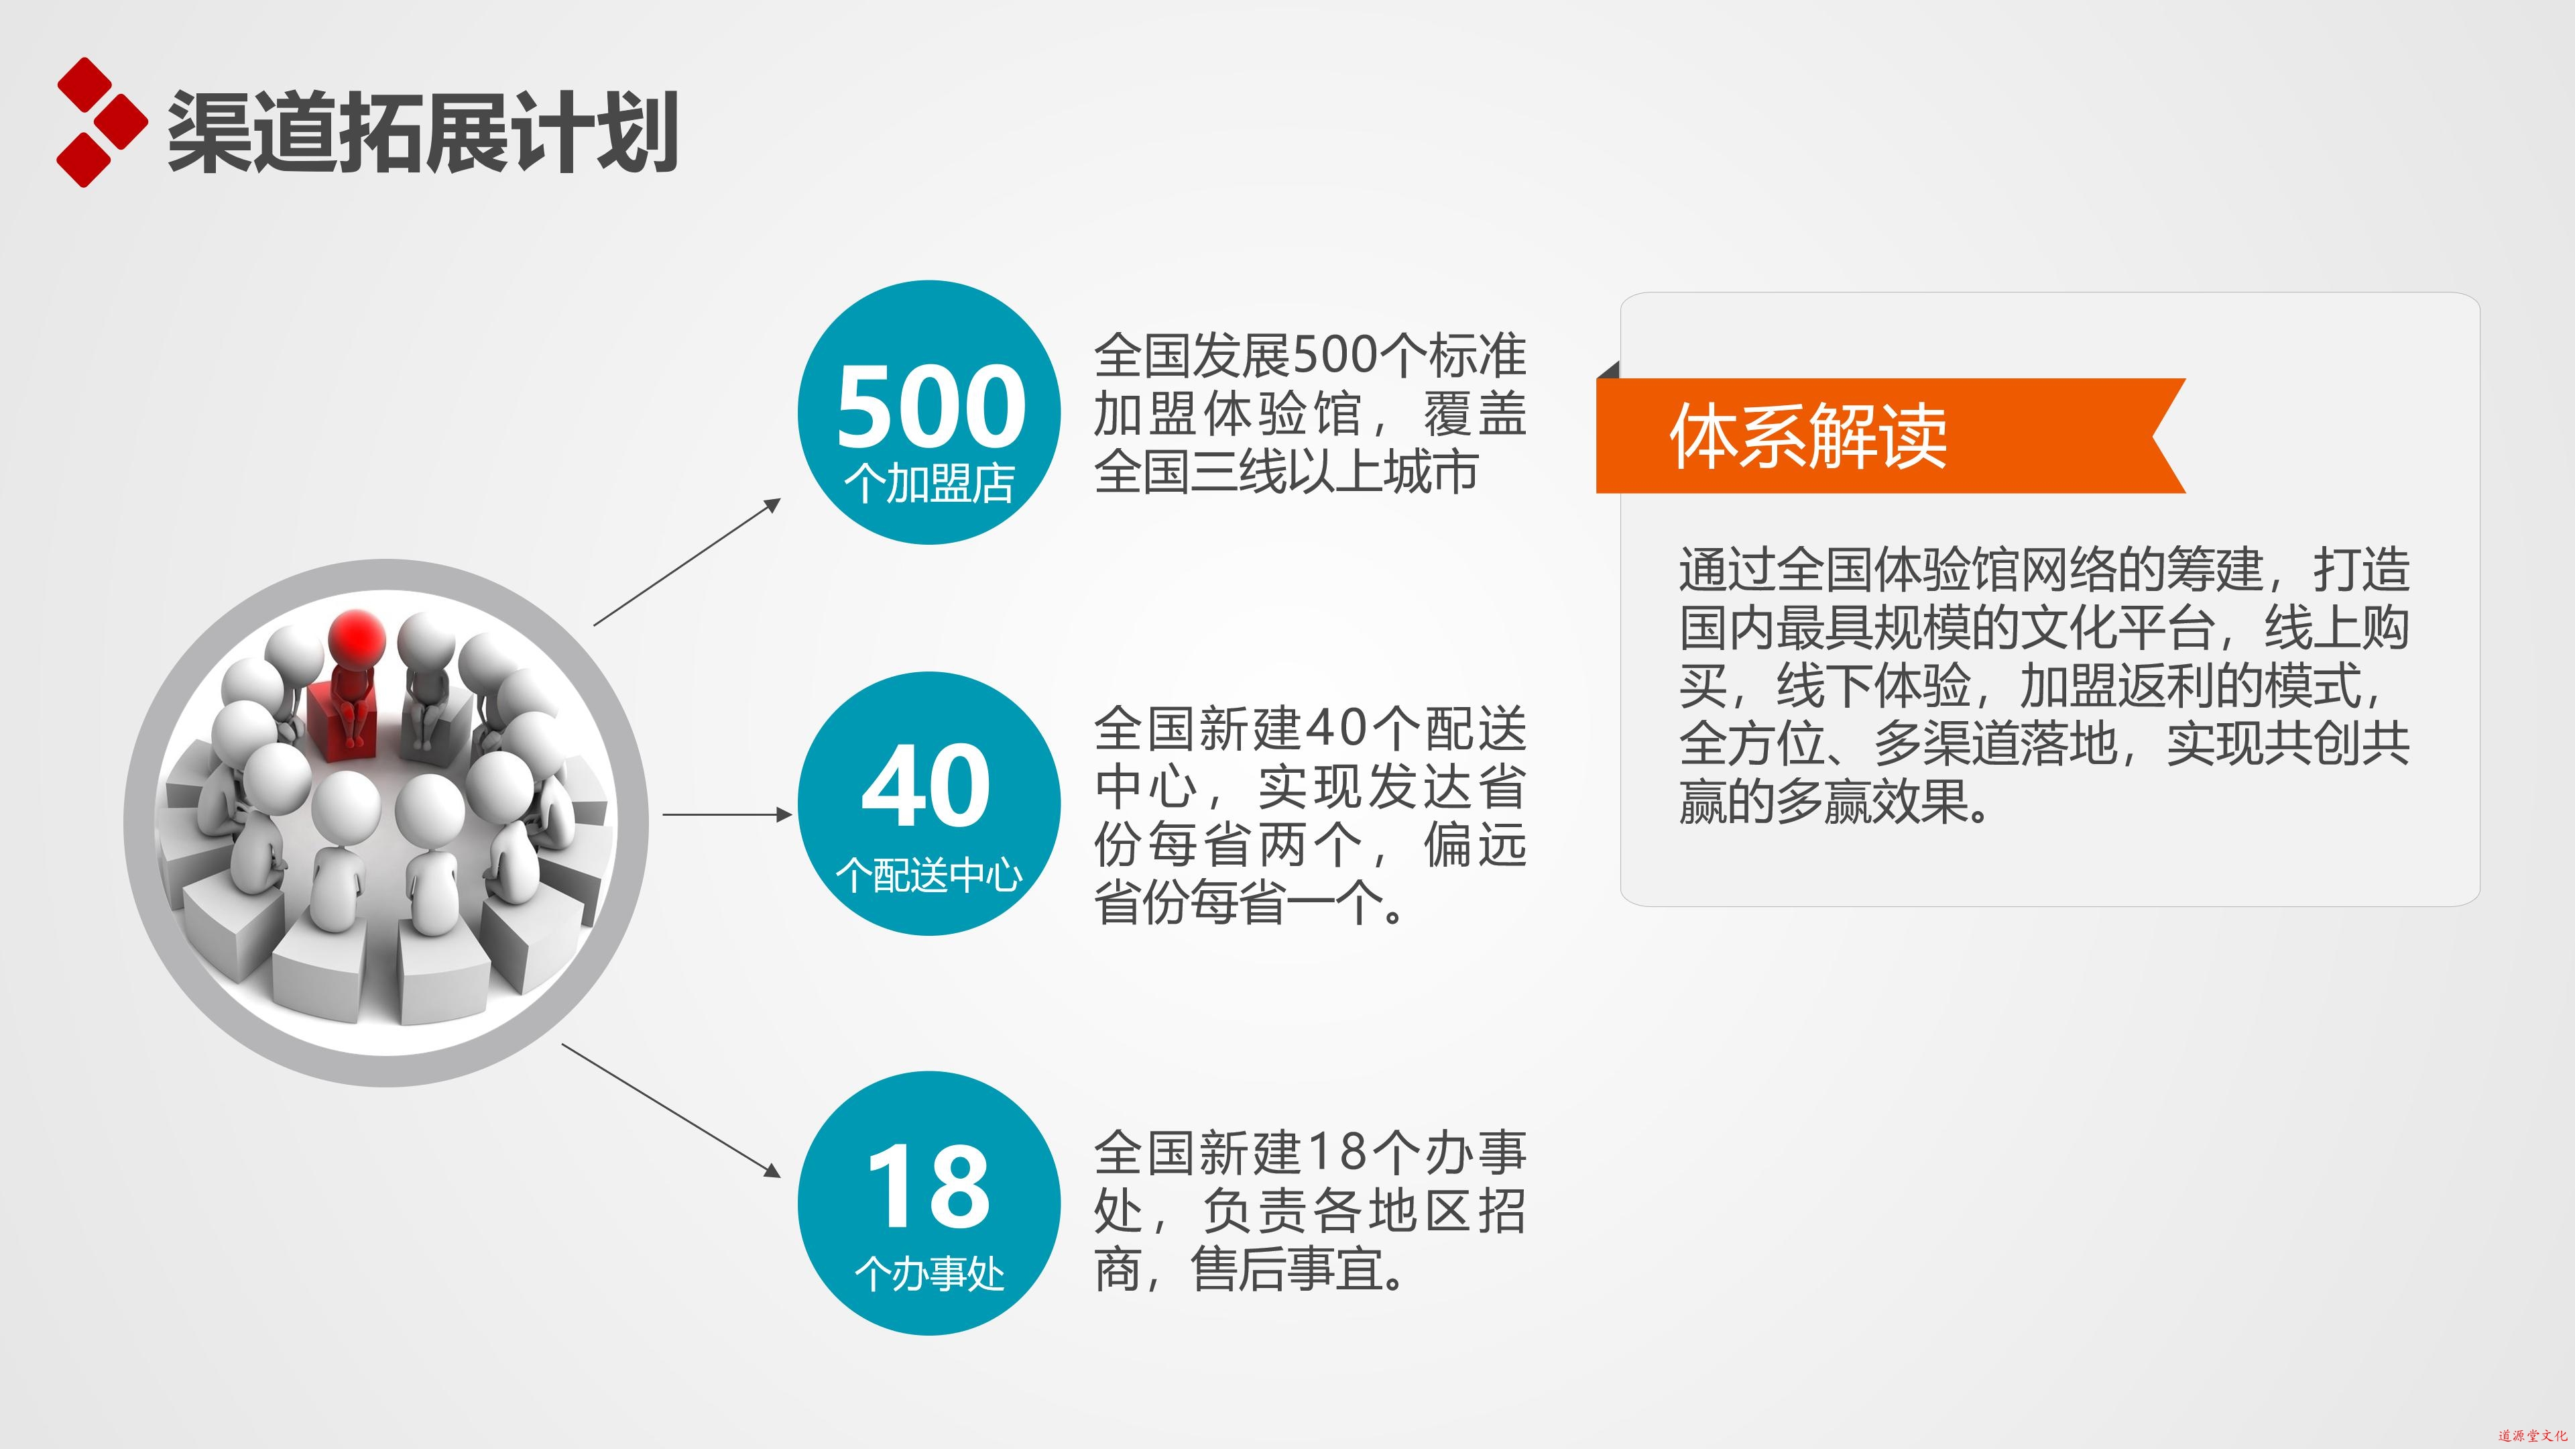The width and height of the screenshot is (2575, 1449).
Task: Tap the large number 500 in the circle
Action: [x=931, y=406]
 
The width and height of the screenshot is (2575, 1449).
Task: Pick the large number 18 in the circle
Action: [x=929, y=1187]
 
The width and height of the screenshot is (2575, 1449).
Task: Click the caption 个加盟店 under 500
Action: [x=930, y=483]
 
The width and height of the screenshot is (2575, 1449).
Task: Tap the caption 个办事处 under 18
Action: [x=930, y=1274]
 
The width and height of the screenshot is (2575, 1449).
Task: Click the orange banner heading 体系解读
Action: [x=1808, y=436]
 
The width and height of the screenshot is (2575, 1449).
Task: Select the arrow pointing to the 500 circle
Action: [x=686, y=562]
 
